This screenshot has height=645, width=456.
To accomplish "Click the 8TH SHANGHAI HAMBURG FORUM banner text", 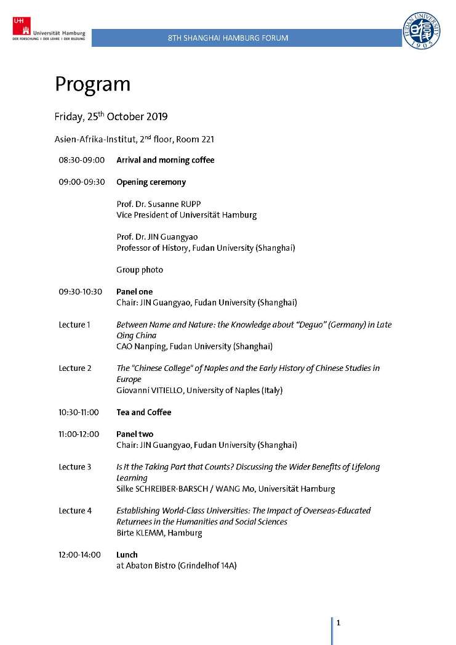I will pyautogui.click(x=228, y=38).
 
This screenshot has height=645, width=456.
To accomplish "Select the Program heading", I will pyautogui.click(x=92, y=84).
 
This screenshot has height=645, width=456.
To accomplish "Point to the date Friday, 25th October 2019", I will pyautogui.click(x=111, y=116).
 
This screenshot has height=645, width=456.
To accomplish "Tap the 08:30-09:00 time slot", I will pyautogui.click(x=82, y=160).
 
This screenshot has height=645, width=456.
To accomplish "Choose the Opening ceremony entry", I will pyautogui.click(x=151, y=182).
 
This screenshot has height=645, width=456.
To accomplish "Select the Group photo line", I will pyautogui.click(x=140, y=270).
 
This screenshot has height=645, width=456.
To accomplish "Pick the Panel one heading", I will pyautogui.click(x=134, y=291).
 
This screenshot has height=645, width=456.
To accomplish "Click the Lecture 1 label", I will pyautogui.click(x=75, y=325).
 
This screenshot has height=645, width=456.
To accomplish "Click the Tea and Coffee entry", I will pyautogui.click(x=143, y=412).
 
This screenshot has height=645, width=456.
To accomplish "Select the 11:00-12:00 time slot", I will pyautogui.click(x=79, y=434).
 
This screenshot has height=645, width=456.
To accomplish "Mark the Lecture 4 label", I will pyautogui.click(x=75, y=511).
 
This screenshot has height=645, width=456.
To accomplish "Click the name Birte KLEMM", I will pyautogui.click(x=140, y=533).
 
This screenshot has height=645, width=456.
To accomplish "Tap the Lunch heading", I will pyautogui.click(x=127, y=554).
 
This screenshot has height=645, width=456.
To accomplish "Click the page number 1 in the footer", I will pyautogui.click(x=338, y=623).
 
